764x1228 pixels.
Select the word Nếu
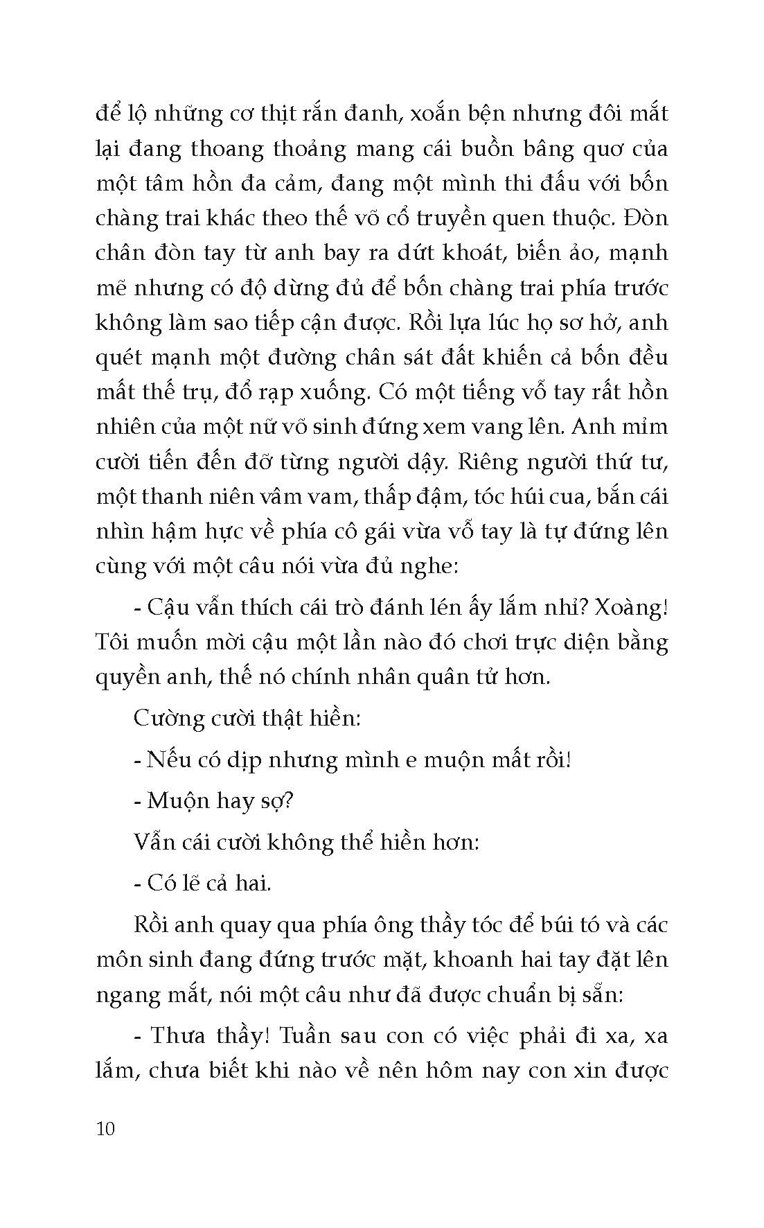(163, 760)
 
